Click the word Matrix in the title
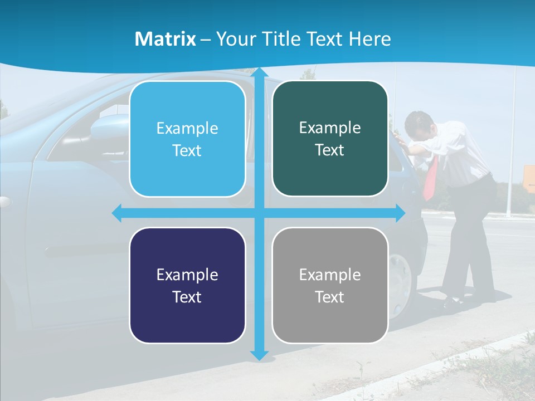(x=165, y=39)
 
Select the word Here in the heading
(x=369, y=39)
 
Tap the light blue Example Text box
(x=187, y=139)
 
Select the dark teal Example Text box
(x=330, y=139)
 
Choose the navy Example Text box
(x=187, y=285)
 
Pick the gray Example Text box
(x=330, y=285)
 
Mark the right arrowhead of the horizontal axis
(x=400, y=213)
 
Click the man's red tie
(x=430, y=178)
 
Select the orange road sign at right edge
(x=529, y=179)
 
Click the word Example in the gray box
(x=330, y=275)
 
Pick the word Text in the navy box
(x=187, y=297)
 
